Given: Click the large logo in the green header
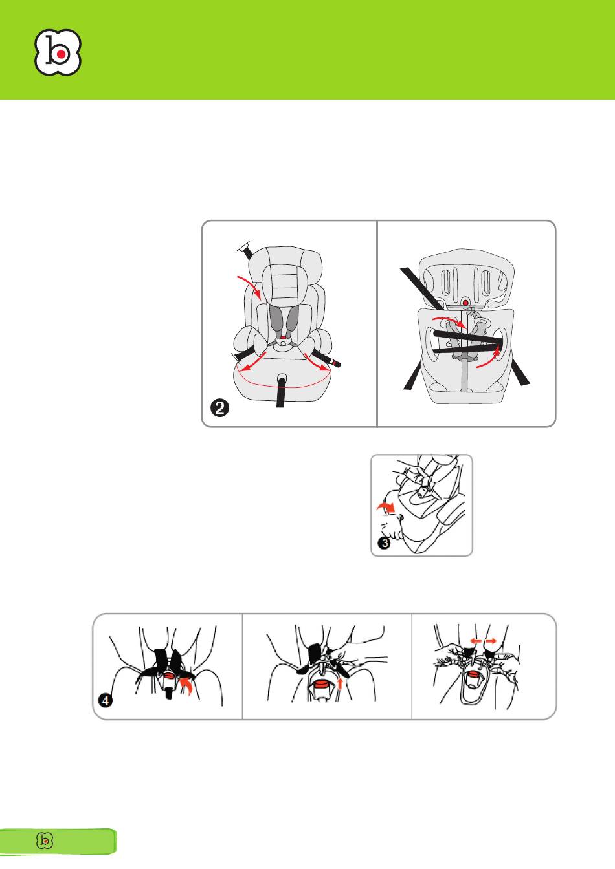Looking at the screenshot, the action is coord(58,52).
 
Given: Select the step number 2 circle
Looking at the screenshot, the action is coord(219,408).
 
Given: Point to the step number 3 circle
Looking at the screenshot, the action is coord(385,542).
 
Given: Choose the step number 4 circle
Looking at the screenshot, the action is coord(105,701).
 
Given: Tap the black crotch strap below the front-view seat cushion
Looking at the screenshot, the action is coord(281,392).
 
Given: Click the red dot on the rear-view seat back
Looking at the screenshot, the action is coord(465,302).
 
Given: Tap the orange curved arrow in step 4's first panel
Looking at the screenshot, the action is coord(188,686).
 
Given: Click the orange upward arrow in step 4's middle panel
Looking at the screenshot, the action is coord(340,683).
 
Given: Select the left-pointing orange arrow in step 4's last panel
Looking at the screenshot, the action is coord(476,641).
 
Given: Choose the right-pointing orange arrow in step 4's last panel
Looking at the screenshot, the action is coord(490,641).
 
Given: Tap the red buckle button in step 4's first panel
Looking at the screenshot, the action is coord(170,676).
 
